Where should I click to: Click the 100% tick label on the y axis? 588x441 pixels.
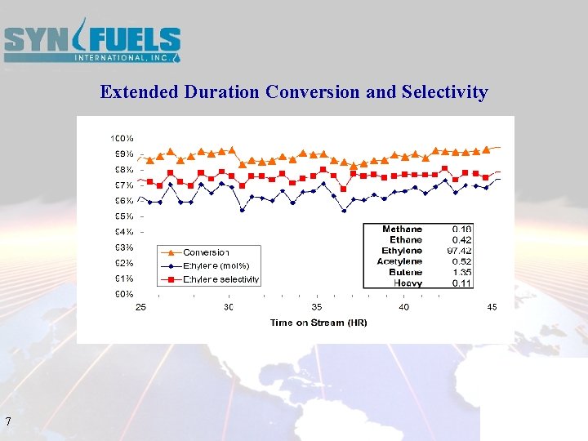122,138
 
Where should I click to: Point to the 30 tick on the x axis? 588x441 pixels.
229,307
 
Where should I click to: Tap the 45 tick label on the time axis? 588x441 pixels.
492,307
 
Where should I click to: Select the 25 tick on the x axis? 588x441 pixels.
140,307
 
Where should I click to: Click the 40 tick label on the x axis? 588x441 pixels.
404,307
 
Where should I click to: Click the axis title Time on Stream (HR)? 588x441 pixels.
318,323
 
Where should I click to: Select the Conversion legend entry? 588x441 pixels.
206,252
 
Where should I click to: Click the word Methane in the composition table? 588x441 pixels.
402,229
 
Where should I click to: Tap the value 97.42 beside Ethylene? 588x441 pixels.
459,251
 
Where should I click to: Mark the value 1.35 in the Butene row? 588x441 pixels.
462,272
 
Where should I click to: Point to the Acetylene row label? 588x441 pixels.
399,261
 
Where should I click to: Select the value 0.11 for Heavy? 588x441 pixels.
462,283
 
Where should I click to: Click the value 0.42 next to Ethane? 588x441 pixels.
462,240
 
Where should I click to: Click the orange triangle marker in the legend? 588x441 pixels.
171,252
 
